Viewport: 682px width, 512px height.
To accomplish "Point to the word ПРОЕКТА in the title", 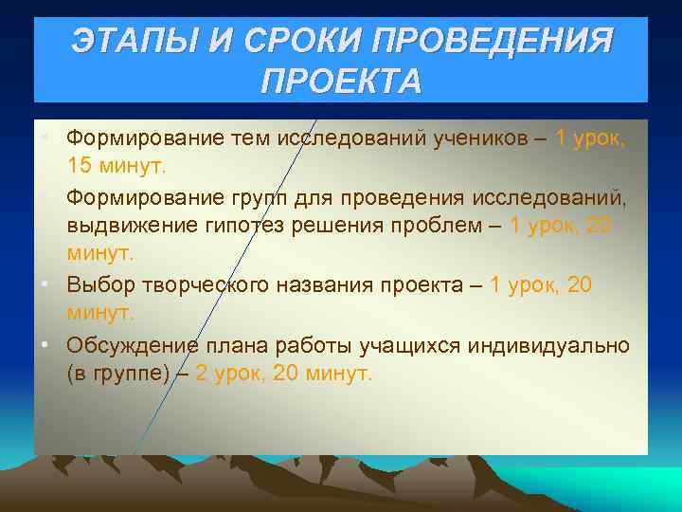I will tap(340, 82).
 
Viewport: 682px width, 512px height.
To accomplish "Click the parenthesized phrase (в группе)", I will tap(117, 373).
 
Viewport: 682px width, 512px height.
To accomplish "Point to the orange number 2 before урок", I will tap(202, 373).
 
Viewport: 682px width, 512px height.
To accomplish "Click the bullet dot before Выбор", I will tap(45, 285).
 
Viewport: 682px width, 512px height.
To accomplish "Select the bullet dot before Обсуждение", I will tap(45, 344).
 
